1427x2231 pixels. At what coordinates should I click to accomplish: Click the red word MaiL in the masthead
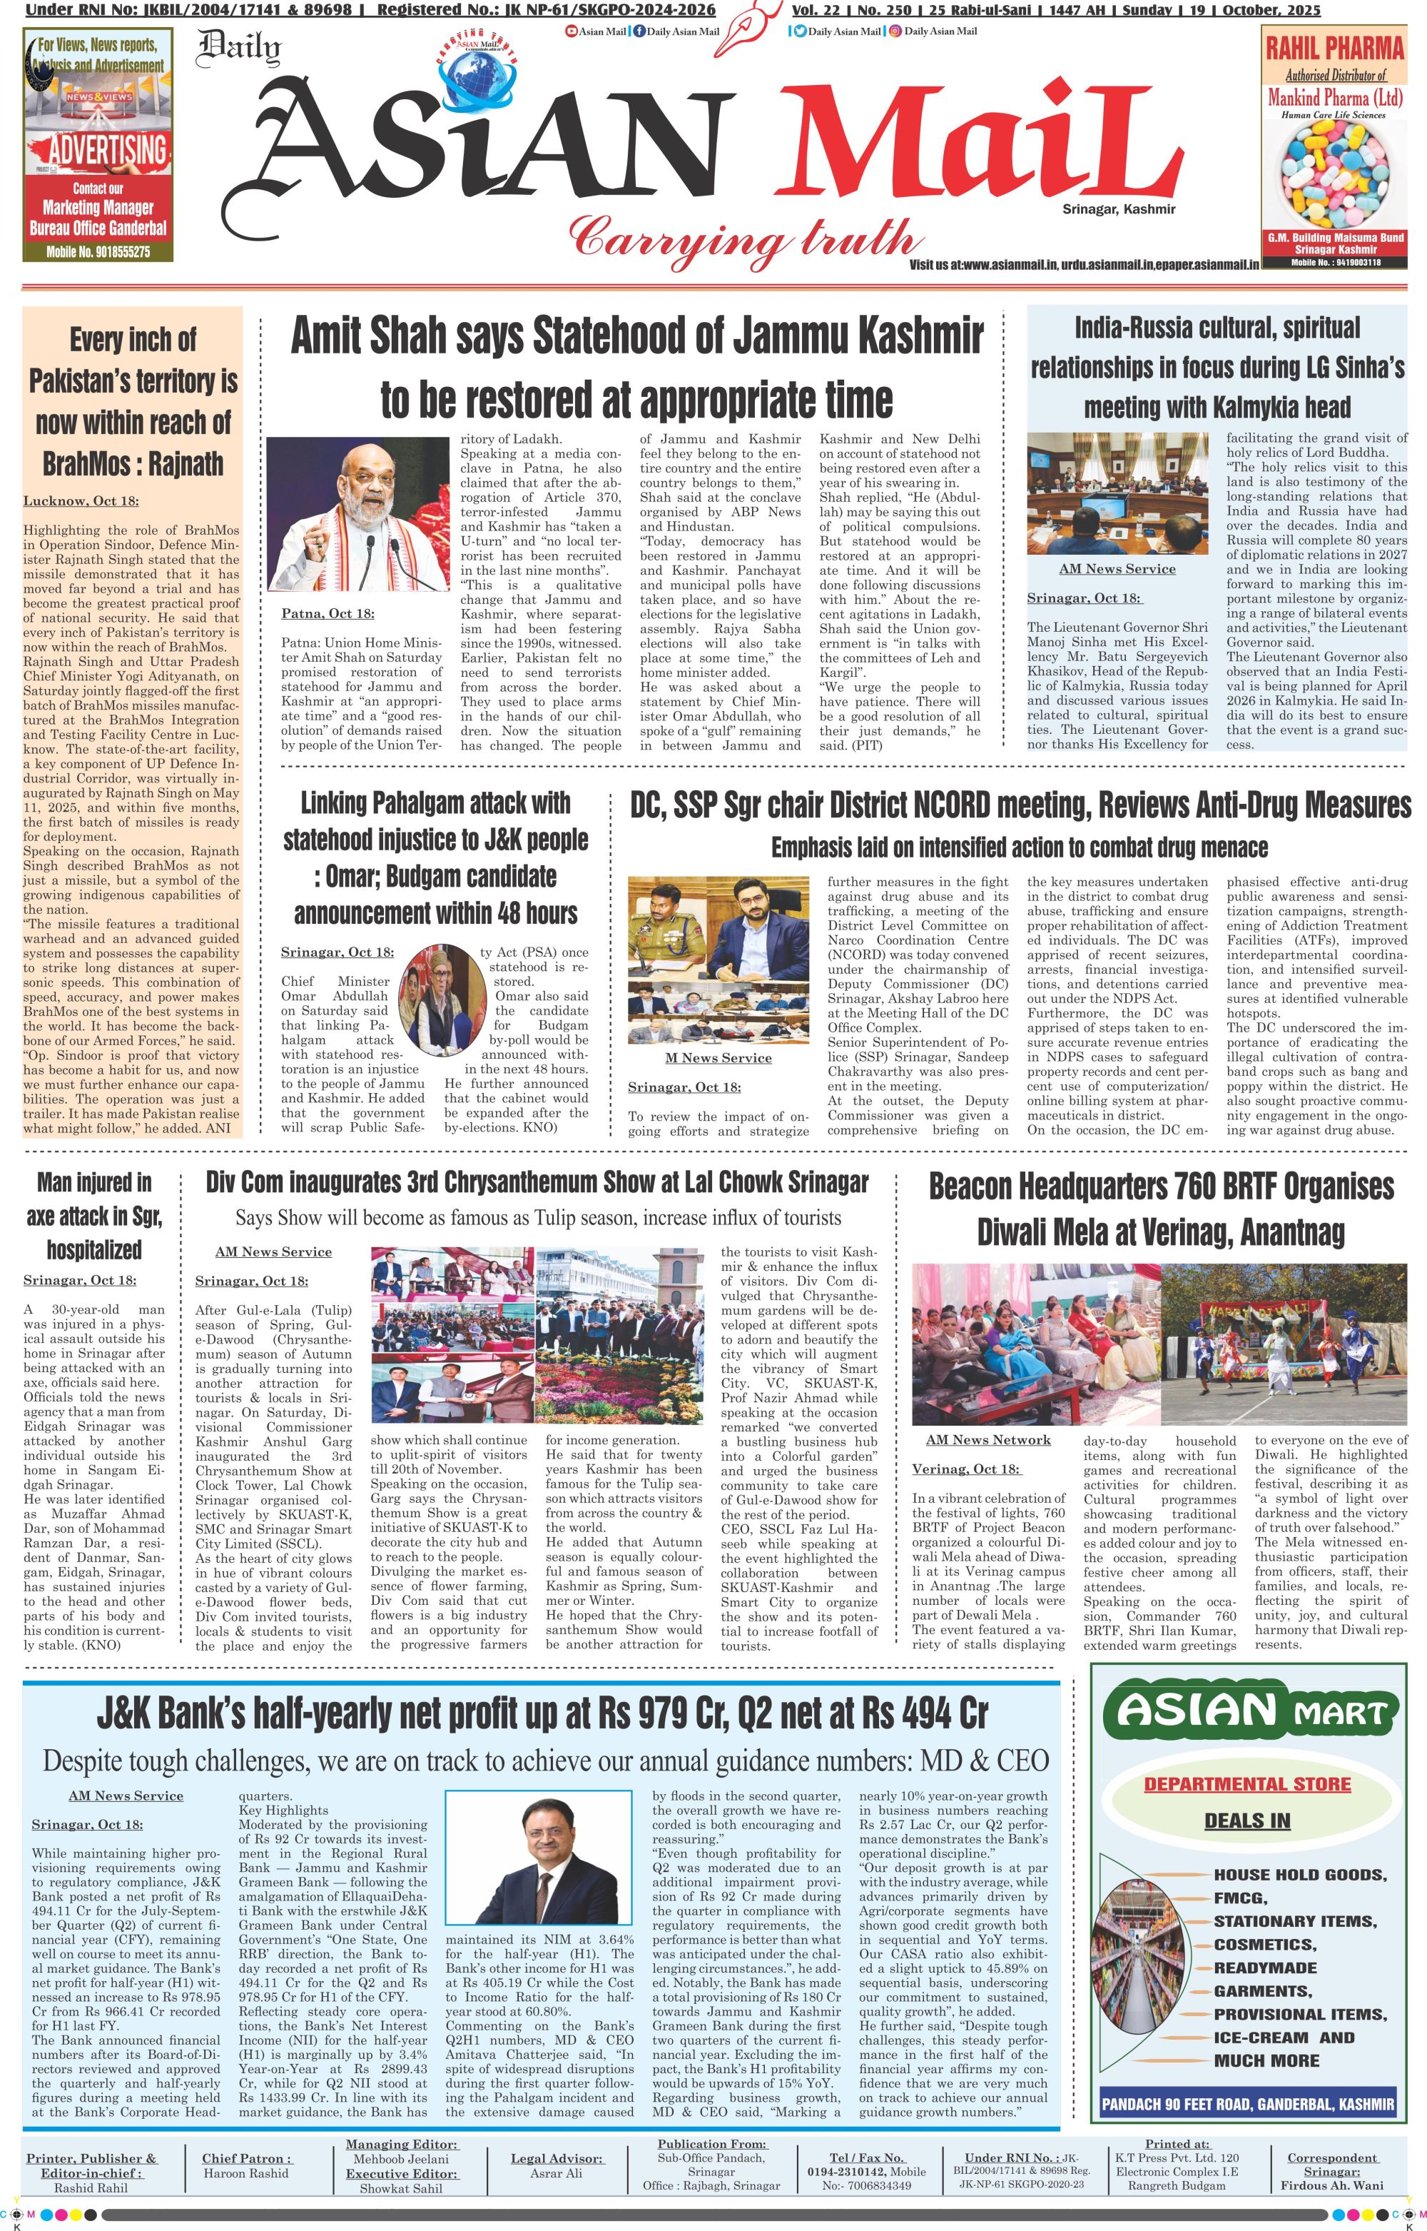[x=973, y=148]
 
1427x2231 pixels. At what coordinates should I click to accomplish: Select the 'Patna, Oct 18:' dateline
[x=328, y=613]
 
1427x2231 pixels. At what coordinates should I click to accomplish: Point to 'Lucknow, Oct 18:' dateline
[x=81, y=500]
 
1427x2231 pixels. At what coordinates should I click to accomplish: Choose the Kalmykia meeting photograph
[x=1117, y=493]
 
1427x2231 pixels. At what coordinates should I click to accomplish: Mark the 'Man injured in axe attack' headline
[x=93, y=1215]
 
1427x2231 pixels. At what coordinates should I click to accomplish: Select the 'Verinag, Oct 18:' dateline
[x=965, y=1469]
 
